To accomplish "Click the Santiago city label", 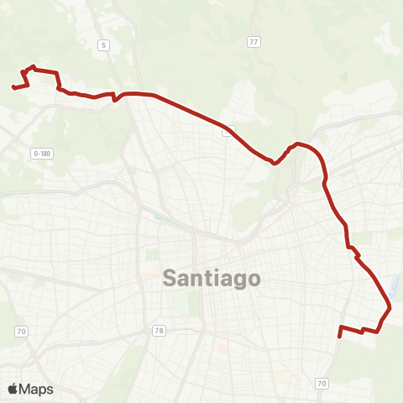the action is point(211,278).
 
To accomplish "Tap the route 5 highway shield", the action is point(104,44).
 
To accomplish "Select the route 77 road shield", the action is point(254,41).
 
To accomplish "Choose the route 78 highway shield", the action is point(159,331).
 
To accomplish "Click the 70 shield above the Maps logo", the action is point(21,332).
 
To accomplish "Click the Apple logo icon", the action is point(13,389).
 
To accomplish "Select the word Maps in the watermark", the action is point(36,389).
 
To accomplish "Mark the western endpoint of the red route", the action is point(13,86).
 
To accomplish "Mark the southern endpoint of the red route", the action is point(338,336).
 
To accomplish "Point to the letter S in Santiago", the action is point(169,278).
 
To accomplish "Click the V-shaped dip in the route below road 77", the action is point(275,163).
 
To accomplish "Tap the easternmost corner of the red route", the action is point(390,310).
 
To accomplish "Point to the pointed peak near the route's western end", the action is point(33,66).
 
